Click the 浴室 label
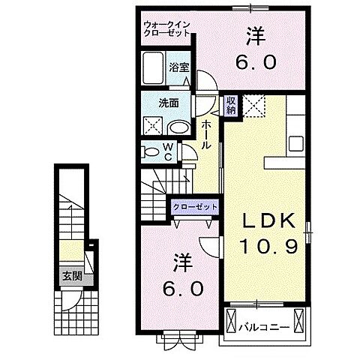pyautogui.click(x=178, y=66)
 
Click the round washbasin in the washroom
pyautogui.click(x=178, y=126)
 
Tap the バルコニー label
pyautogui.click(x=264, y=326)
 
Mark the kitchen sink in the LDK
pyautogui.click(x=295, y=141)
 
